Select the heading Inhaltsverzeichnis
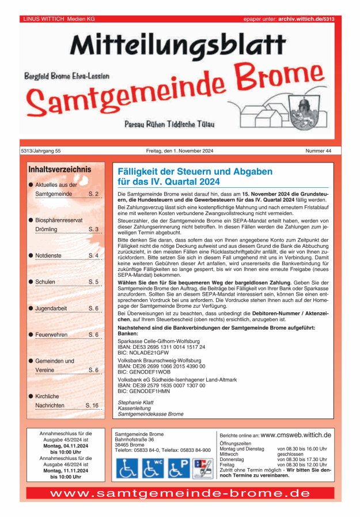pyautogui.click(x=59, y=169)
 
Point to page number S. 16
pyautogui.click(x=92, y=405)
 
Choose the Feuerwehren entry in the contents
pyautogui.click(x=51, y=334)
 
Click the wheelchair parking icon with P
pyautogui.click(x=179, y=467)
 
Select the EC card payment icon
pyautogui.click(x=202, y=467)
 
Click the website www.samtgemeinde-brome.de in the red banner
pyautogui.click(x=180, y=493)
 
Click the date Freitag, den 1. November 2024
pyautogui.click(x=180, y=151)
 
